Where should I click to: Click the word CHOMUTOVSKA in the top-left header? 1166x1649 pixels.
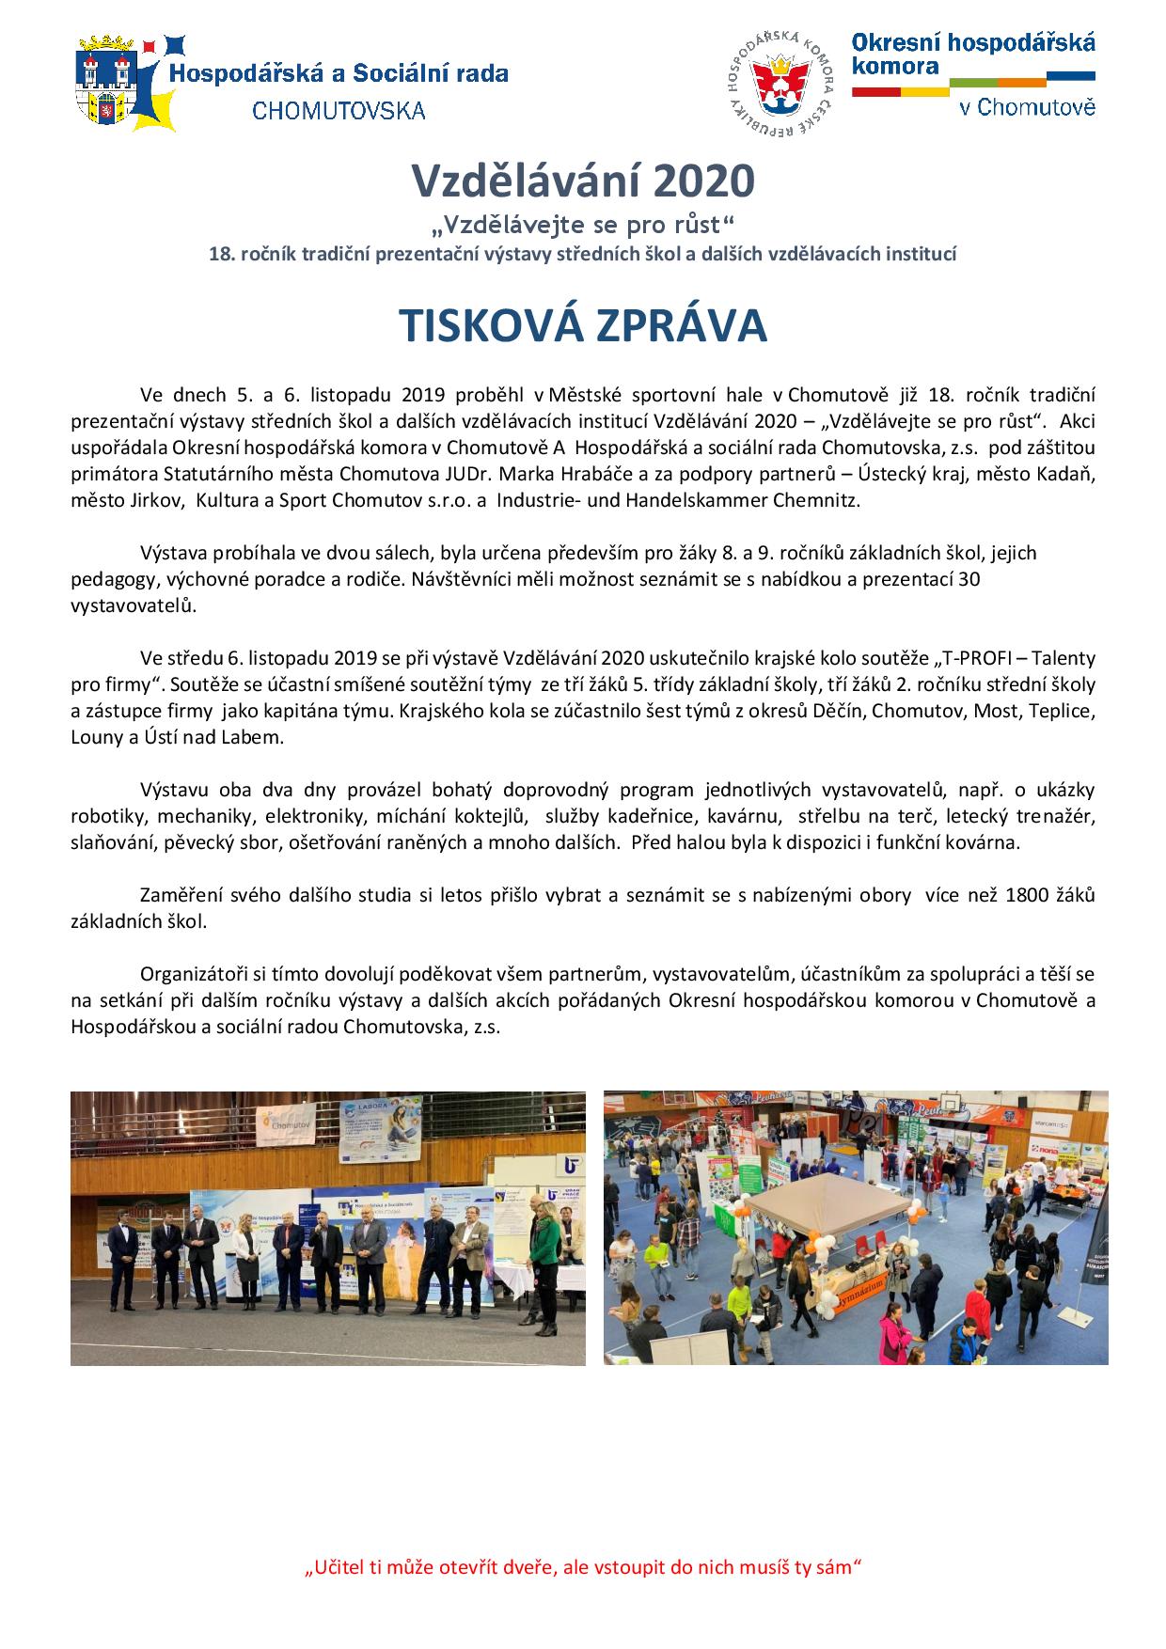pyautogui.click(x=339, y=111)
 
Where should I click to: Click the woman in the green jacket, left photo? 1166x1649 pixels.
pyautogui.click(x=544, y=1243)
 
